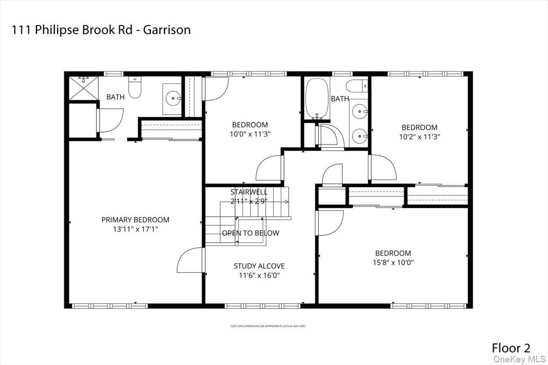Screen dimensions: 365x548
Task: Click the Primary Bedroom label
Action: coord(135,220)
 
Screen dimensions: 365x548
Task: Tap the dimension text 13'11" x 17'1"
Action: coord(135,229)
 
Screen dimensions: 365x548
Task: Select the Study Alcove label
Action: coord(259,266)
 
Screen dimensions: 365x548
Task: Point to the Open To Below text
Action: coord(250,233)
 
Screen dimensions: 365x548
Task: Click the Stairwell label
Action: coord(249,192)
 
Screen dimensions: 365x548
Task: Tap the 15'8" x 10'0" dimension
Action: coord(393,262)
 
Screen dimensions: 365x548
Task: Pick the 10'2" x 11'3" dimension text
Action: coord(419,136)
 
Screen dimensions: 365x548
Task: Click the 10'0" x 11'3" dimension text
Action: coord(250,134)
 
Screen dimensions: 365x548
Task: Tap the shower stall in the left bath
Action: coord(80,89)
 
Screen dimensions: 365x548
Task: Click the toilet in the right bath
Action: coord(357,85)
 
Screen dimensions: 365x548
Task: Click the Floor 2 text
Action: coord(511,348)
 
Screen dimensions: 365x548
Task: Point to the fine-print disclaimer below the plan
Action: coord(268,326)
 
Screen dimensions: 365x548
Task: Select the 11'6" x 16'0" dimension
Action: coord(259,275)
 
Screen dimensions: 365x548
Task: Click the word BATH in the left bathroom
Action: coord(115,97)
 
